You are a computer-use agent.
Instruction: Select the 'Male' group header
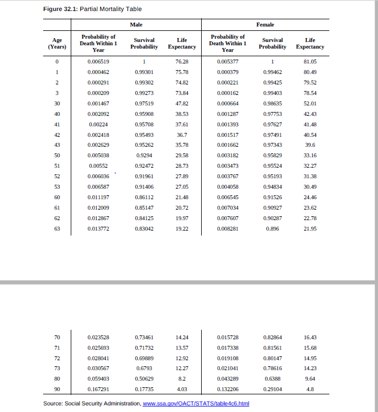click(x=135, y=25)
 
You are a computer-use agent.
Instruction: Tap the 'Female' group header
click(x=265, y=25)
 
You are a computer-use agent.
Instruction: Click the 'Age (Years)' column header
click(x=57, y=43)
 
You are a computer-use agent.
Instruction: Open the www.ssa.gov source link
click(x=196, y=404)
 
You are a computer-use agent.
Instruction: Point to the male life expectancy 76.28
click(x=182, y=61)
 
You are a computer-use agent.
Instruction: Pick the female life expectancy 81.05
click(x=310, y=61)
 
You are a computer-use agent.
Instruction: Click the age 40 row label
click(x=57, y=113)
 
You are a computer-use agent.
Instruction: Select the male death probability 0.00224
click(x=98, y=124)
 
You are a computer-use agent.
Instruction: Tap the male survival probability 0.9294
click(x=144, y=155)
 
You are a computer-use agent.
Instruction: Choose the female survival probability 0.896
click(x=272, y=228)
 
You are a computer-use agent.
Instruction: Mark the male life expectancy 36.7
click(x=182, y=134)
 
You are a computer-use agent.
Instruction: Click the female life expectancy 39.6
click(x=310, y=145)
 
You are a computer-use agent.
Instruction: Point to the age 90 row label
click(x=57, y=389)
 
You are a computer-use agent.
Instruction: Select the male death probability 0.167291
click(x=98, y=389)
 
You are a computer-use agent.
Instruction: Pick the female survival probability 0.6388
click(x=272, y=378)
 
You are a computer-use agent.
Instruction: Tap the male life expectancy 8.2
click(x=182, y=378)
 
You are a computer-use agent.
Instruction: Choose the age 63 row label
click(x=57, y=228)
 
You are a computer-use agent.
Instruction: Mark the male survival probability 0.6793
click(x=144, y=368)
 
